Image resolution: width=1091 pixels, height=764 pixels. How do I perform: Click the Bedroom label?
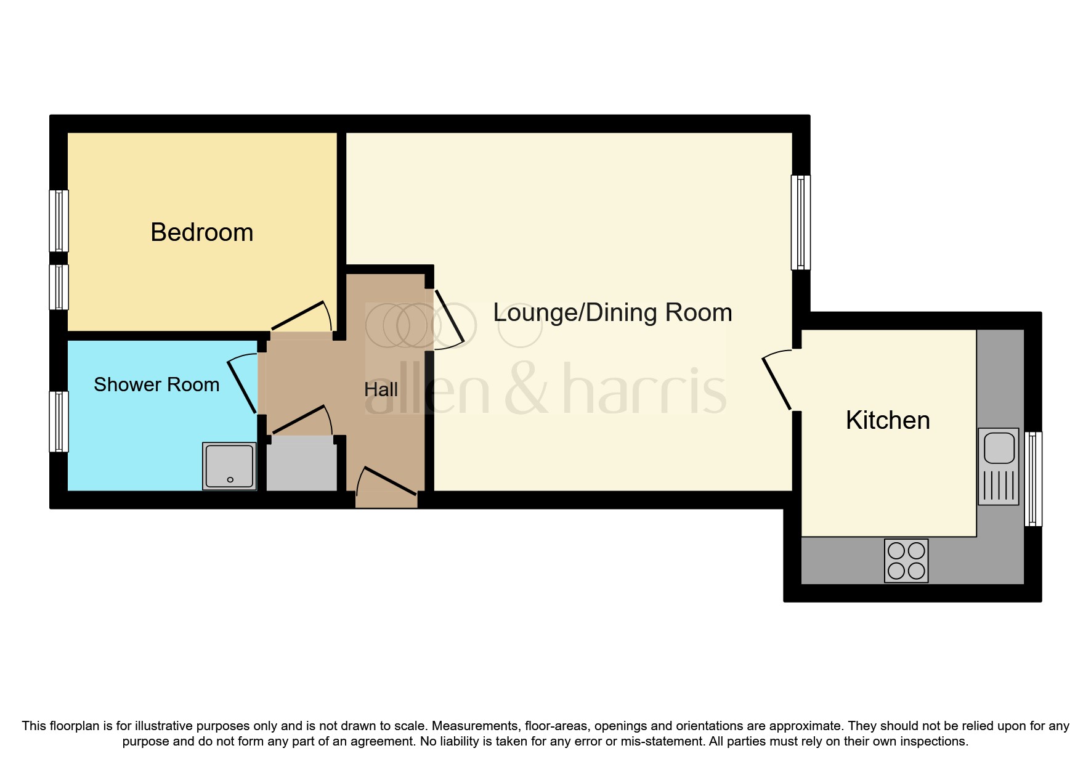click(x=201, y=233)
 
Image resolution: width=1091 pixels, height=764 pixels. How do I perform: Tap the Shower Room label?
click(x=156, y=384)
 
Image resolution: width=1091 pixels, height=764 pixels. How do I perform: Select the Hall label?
click(x=381, y=389)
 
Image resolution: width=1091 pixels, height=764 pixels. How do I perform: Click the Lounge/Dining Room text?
click(x=612, y=312)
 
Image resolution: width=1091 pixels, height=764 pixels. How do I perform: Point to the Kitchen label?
click(x=887, y=420)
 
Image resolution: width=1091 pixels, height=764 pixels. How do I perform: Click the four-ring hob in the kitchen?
click(x=906, y=561)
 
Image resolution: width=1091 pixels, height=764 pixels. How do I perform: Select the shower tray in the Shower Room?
click(x=229, y=466)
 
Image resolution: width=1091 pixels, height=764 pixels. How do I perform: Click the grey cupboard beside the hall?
click(x=301, y=465)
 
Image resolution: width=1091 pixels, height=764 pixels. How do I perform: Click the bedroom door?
click(x=299, y=315)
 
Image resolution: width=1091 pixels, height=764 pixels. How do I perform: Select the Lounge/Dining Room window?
click(x=800, y=222)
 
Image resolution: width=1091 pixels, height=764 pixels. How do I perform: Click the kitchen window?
click(x=1033, y=479)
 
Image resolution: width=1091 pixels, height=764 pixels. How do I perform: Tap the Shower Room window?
click(x=59, y=421)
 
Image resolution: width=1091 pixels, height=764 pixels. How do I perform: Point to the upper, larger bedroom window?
click(x=59, y=221)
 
